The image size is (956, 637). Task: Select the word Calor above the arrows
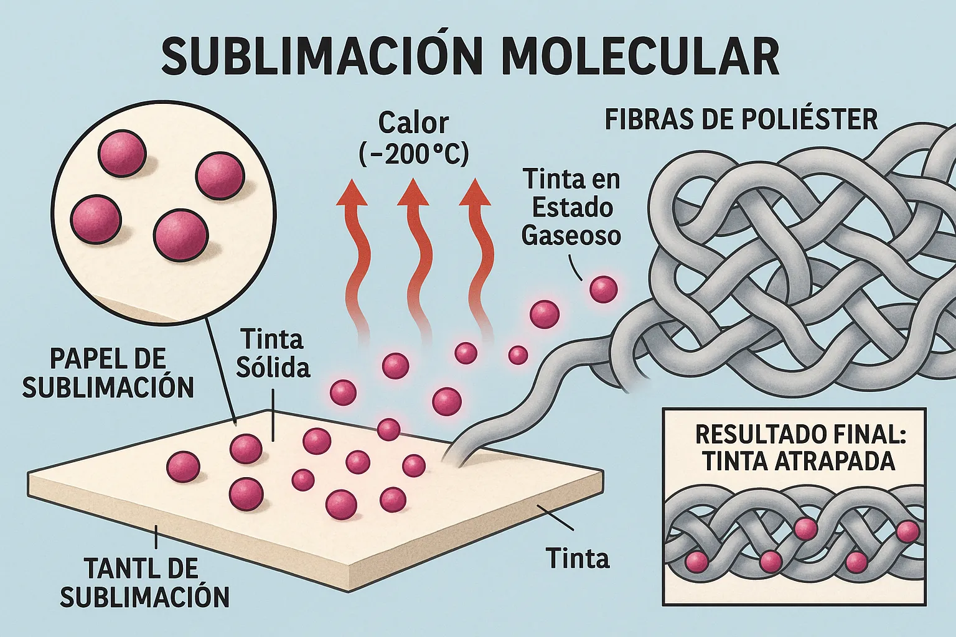pyautogui.click(x=413, y=123)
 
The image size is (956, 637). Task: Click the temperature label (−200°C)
pyautogui.click(x=414, y=154)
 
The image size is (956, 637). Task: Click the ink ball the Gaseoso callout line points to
pyautogui.click(x=603, y=289)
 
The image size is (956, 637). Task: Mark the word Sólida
pyautogui.click(x=273, y=368)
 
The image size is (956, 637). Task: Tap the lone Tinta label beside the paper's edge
pyautogui.click(x=577, y=559)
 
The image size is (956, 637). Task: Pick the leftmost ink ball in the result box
pyautogui.click(x=696, y=564)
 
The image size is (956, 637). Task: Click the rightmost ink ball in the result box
pyautogui.click(x=907, y=531)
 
